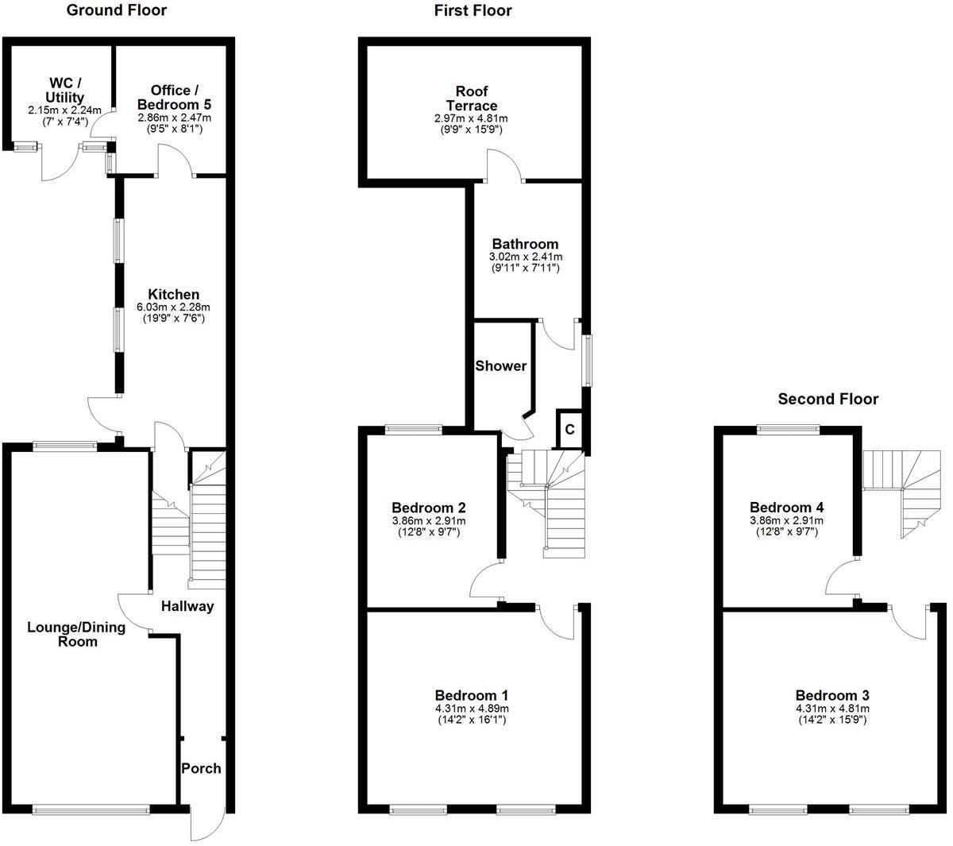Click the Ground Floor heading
pyautogui.click(x=116, y=10)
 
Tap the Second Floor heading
pyautogui.click(x=828, y=399)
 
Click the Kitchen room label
pyautogui.click(x=175, y=295)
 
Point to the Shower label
pyautogui.click(x=500, y=366)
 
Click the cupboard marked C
pyautogui.click(x=569, y=430)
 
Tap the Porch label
pyautogui.click(x=201, y=768)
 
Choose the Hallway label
pyautogui.click(x=187, y=606)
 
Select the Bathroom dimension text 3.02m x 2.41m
pyautogui.click(x=525, y=257)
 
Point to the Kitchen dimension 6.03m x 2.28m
pyautogui.click(x=175, y=307)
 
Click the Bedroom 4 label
pyautogui.click(x=786, y=508)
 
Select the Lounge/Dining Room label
pyautogui.click(x=76, y=634)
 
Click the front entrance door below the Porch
pyautogui.click(x=206, y=824)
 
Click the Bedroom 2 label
pyautogui.click(x=429, y=508)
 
